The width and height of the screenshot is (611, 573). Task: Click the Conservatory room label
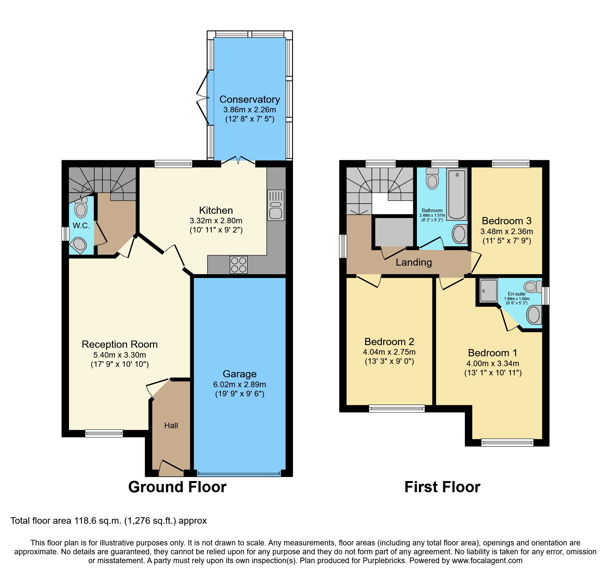pyautogui.click(x=249, y=99)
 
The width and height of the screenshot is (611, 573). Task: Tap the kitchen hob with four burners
pyautogui.click(x=238, y=265)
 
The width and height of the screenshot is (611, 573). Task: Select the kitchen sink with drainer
pyautogui.click(x=276, y=205)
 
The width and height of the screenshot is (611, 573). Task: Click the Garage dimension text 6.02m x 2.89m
pyautogui.click(x=239, y=385)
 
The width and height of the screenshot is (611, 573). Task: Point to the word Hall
pyautogui.click(x=171, y=426)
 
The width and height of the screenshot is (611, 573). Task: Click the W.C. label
pyautogui.click(x=81, y=226)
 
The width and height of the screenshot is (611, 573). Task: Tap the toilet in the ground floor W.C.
pyautogui.click(x=81, y=209)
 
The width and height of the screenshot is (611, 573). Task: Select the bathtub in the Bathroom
pyautogui.click(x=457, y=194)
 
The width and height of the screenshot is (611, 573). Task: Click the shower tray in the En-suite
pyautogui.click(x=488, y=290)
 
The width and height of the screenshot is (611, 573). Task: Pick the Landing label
pyautogui.click(x=414, y=262)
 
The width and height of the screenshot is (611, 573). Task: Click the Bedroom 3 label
pyautogui.click(x=506, y=221)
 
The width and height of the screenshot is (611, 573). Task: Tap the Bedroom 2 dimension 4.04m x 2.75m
pyautogui.click(x=389, y=352)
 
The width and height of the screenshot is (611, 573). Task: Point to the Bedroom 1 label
pyautogui.click(x=492, y=353)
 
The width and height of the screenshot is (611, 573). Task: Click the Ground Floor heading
pyautogui.click(x=177, y=487)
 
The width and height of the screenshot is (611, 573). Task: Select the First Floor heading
pyautogui.click(x=442, y=487)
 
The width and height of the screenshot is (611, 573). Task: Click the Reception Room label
pyautogui.click(x=120, y=344)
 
